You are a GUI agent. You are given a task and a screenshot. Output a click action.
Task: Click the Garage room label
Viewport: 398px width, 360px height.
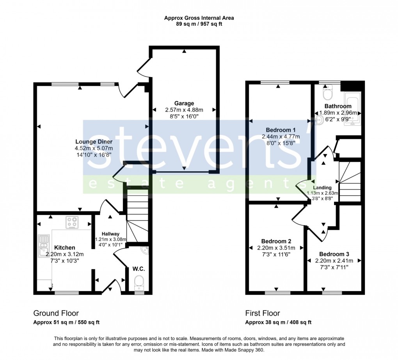(x=184, y=103)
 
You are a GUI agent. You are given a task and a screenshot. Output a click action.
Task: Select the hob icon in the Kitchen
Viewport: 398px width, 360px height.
(x=72, y=222)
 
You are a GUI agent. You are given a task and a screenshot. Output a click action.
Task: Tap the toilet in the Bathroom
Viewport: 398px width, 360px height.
(x=327, y=94)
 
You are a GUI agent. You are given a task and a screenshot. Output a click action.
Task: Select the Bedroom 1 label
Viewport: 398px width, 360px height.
(x=281, y=130)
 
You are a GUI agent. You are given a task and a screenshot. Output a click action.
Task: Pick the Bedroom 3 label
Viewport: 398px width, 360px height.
(x=334, y=254)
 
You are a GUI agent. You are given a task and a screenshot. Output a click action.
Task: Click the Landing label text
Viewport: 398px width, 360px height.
(x=322, y=188)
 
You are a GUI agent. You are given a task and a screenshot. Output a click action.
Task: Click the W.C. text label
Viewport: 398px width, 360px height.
(x=139, y=269)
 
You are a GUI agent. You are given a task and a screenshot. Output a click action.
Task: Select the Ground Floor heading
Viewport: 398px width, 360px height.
(x=56, y=313)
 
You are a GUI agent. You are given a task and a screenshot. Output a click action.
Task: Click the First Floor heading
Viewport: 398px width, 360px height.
(x=262, y=313)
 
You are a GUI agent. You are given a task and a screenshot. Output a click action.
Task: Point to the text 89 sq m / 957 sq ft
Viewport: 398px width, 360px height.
(x=199, y=24)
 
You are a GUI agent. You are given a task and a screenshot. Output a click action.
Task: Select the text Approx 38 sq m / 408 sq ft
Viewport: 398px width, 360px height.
(x=278, y=322)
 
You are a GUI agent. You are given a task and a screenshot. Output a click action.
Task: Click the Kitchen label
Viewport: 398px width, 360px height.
(x=64, y=248)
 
